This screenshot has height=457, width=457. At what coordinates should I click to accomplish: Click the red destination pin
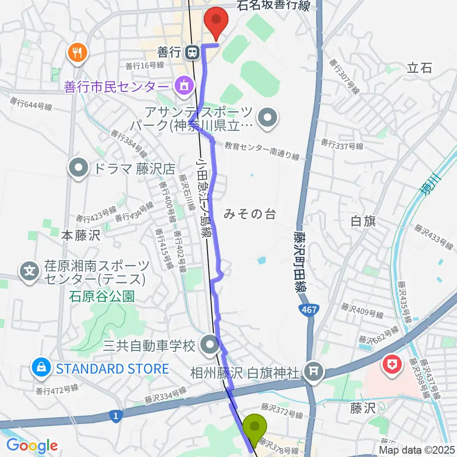click(216, 22)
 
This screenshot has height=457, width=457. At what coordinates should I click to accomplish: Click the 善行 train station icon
click(192, 52)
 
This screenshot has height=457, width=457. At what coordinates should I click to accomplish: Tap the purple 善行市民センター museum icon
click(184, 87)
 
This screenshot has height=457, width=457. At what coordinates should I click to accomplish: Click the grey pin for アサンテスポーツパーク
click(267, 118)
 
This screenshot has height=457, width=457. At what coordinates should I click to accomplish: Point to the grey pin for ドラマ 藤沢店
click(79, 169)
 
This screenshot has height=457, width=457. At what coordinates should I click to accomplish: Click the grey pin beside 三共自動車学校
click(209, 345)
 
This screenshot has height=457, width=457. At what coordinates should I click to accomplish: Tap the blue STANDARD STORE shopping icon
click(42, 368)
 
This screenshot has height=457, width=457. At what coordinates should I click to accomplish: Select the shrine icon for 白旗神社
click(314, 370)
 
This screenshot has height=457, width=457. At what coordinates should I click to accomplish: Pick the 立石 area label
click(419, 68)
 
